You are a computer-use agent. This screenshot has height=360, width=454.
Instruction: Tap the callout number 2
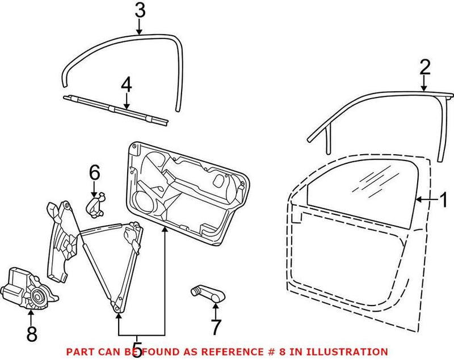click(x=425, y=68)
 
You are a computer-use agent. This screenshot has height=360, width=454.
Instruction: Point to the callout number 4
click(x=126, y=85)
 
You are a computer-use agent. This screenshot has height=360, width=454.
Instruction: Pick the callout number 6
click(x=94, y=171)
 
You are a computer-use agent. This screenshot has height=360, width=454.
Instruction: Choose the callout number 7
click(x=216, y=327)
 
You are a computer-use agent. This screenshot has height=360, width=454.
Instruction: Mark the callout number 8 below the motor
click(x=31, y=334)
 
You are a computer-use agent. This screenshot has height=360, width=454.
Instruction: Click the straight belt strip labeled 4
click(x=116, y=108)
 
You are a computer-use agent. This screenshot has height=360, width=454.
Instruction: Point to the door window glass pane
click(x=363, y=184)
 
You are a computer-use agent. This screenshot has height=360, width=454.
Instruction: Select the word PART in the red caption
click(x=79, y=352)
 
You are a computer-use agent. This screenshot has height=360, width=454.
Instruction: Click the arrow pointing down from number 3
click(x=140, y=27)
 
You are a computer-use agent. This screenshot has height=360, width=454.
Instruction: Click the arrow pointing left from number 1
click(x=426, y=200)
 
